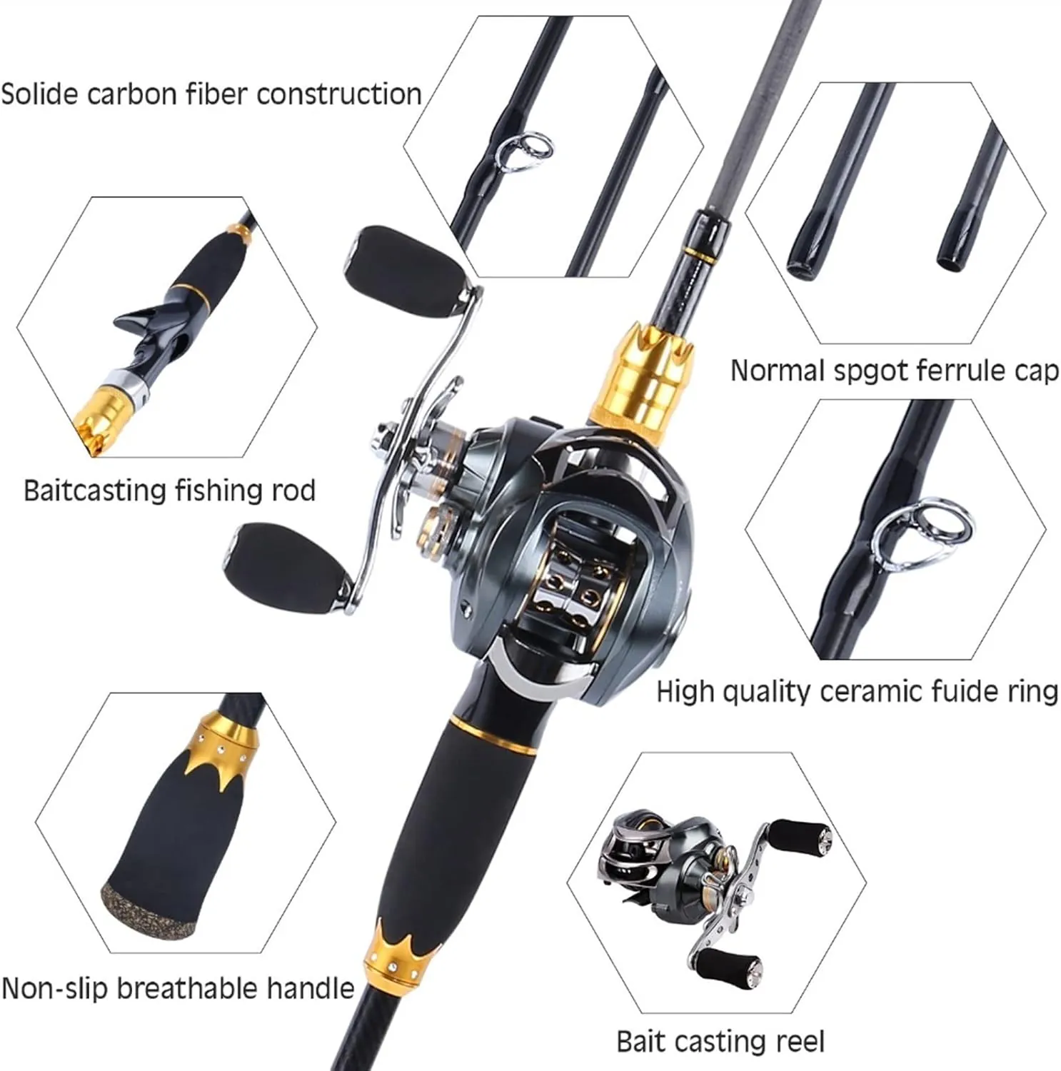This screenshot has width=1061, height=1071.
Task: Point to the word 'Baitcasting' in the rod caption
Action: coord(95,491)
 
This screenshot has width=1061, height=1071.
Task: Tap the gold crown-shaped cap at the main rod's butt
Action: coord(401,957)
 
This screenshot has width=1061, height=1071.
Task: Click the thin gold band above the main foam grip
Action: coord(494,736)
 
